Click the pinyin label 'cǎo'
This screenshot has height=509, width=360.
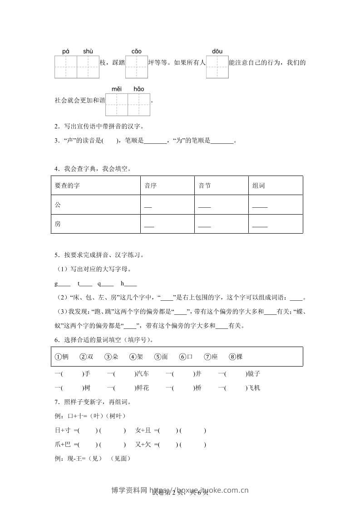(x=136, y=52)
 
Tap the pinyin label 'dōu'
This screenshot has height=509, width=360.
(x=217, y=52)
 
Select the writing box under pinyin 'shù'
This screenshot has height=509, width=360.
(x=88, y=67)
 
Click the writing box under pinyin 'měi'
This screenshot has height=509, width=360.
(x=117, y=104)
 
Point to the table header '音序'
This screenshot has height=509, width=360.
(x=150, y=186)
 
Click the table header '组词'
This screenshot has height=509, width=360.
(x=258, y=186)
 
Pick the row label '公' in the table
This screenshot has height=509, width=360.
(x=57, y=205)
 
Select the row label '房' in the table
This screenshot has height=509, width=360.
(x=57, y=224)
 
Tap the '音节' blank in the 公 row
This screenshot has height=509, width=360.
(x=205, y=207)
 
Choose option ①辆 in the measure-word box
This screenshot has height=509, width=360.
(x=62, y=357)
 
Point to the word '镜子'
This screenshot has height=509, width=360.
(x=253, y=374)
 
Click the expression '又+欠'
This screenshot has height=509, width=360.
(x=144, y=445)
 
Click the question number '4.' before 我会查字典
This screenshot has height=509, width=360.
(x=56, y=169)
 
